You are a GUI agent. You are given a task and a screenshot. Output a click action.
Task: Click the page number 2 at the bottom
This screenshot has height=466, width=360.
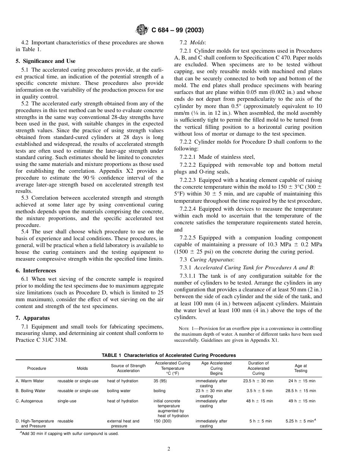coord(169,449)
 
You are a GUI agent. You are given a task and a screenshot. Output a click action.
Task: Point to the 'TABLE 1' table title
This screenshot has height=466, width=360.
coord(169,355)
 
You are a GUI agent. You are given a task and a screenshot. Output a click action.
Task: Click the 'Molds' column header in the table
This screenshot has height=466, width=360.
coord(82,368)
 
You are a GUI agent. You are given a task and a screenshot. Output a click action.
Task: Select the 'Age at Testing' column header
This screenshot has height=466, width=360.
coord(301,368)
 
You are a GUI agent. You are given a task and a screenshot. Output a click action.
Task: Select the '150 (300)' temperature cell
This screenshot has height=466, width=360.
coord(163,421)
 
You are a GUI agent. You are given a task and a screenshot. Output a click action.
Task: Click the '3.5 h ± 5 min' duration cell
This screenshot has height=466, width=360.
coord(258,391)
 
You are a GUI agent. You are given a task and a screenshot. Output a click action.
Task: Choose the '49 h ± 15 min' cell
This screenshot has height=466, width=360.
coord(301,401)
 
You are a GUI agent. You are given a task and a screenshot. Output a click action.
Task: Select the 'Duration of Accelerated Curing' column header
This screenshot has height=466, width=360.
coord(258,368)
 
